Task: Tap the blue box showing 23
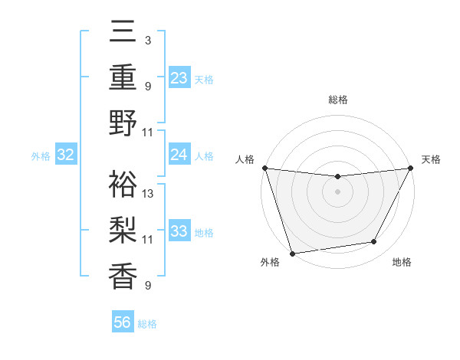[x=179, y=77]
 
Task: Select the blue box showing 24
[x=179, y=155]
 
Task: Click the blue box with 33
[x=179, y=231]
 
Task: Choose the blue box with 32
[x=65, y=155]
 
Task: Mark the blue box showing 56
[x=123, y=322]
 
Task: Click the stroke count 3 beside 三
[x=147, y=40]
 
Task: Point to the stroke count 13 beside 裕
[x=149, y=194]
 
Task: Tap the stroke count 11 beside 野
[x=149, y=133]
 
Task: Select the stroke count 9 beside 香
[x=147, y=286]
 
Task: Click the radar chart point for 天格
[x=410, y=168]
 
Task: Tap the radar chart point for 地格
[x=374, y=242]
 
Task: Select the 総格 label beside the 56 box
[x=147, y=323]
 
